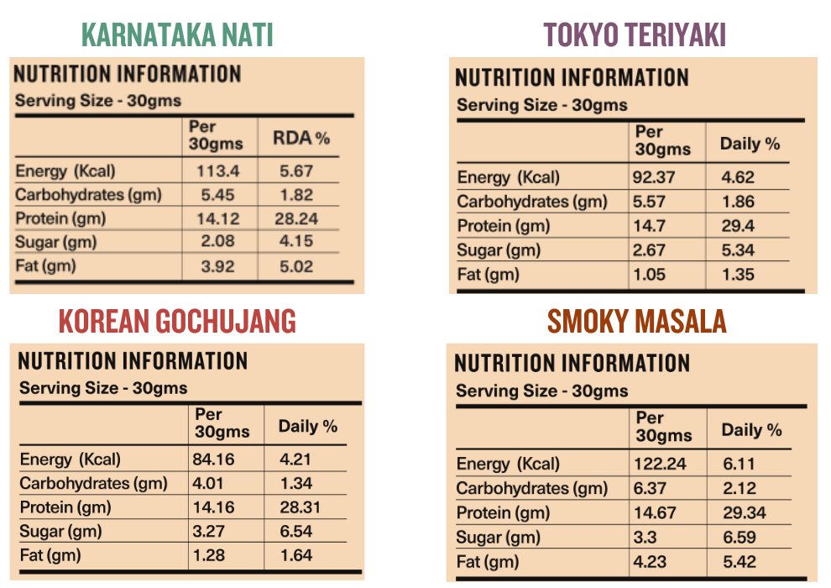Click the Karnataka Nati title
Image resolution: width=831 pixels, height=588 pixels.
pos(178,35)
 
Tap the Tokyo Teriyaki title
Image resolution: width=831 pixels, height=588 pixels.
pos(634,35)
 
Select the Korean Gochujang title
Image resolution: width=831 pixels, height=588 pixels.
pos(178,321)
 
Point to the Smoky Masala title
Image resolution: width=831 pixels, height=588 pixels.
pos(636,321)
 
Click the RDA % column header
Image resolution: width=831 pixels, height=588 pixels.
pos(301,138)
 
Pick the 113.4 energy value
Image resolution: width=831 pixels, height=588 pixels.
pos(217,171)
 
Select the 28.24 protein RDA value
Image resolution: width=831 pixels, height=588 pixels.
pos(296,218)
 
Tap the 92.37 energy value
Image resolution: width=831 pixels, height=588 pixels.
pos(656,177)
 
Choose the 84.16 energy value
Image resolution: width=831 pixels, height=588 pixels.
pos(215,459)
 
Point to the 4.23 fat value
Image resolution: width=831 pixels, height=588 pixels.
pos(652,562)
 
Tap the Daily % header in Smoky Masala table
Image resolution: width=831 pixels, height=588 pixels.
pos(751,430)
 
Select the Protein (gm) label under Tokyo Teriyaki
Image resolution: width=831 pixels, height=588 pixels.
pos(504,226)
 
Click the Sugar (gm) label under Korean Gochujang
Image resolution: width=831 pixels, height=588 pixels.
pos(60,532)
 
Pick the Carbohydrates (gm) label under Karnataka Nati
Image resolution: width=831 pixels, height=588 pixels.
pos(88,195)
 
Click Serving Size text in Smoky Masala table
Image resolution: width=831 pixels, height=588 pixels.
pos(541,391)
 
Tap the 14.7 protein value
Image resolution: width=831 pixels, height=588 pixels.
pos(648,226)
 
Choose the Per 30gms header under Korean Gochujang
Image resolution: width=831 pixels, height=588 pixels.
pos(222,423)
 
